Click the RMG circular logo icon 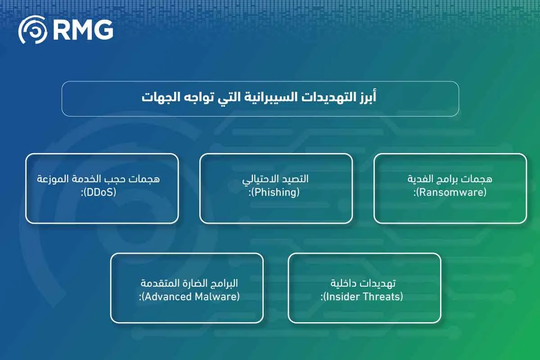32,30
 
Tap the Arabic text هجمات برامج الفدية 450,179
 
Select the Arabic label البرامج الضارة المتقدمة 189,283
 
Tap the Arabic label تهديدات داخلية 364,283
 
